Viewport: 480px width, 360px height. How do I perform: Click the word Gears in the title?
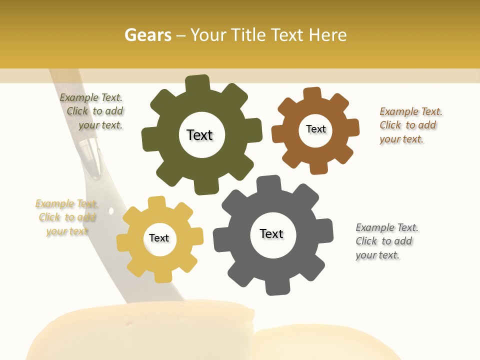147,35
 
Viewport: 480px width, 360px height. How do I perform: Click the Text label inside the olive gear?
199,135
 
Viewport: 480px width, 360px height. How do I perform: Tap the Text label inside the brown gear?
315,129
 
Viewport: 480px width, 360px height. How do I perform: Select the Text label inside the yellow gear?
159,238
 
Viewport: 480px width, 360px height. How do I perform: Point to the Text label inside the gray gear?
271,233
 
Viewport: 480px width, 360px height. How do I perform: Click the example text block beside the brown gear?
410,125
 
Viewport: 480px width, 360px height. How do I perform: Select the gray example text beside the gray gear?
386,241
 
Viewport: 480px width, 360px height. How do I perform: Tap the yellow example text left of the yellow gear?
67,217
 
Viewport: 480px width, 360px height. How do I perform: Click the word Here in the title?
327,35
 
